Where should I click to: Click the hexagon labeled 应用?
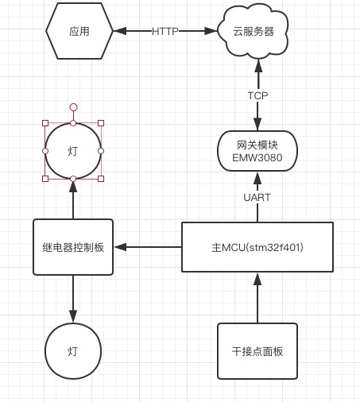pyautogui.click(x=79, y=31)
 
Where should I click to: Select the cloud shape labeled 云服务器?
pyautogui.click(x=253, y=32)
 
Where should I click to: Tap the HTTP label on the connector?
pyautogui.click(x=165, y=32)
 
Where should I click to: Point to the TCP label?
pyautogui.click(x=257, y=95)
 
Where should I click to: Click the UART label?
pyautogui.click(x=257, y=197)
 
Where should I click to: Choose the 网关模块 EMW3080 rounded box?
pyautogui.click(x=257, y=151)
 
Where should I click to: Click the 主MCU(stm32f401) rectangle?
pyautogui.click(x=257, y=247)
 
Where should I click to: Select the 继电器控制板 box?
pyautogui.click(x=73, y=247)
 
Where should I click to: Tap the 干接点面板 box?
pyautogui.click(x=257, y=351)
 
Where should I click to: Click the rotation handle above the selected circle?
pyautogui.click(x=73, y=107)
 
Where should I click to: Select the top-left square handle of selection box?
pyautogui.click(x=45, y=123)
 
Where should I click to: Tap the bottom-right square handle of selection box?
pyautogui.click(x=101, y=179)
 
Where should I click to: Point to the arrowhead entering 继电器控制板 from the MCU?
pyautogui.click(x=120, y=247)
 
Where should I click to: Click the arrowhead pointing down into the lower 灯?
pyautogui.click(x=73, y=316)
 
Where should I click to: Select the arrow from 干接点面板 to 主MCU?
pyautogui.click(x=257, y=298)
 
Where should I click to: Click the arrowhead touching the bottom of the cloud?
pyautogui.click(x=258, y=66)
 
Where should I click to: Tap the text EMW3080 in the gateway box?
pyautogui.click(x=257, y=158)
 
